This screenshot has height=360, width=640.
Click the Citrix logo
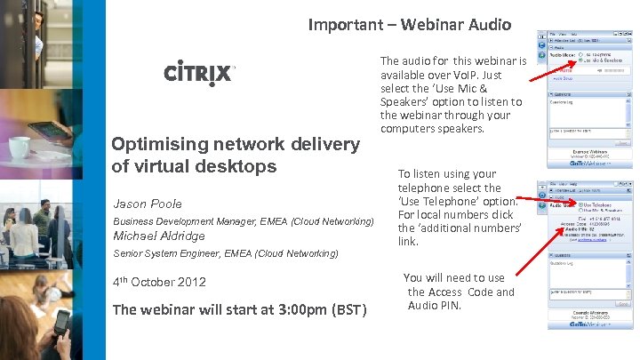tap(199, 72)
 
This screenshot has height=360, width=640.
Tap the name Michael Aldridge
tap(158, 236)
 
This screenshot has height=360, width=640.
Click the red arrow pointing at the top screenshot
tap(552, 68)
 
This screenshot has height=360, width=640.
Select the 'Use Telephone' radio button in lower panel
tap(580, 205)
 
